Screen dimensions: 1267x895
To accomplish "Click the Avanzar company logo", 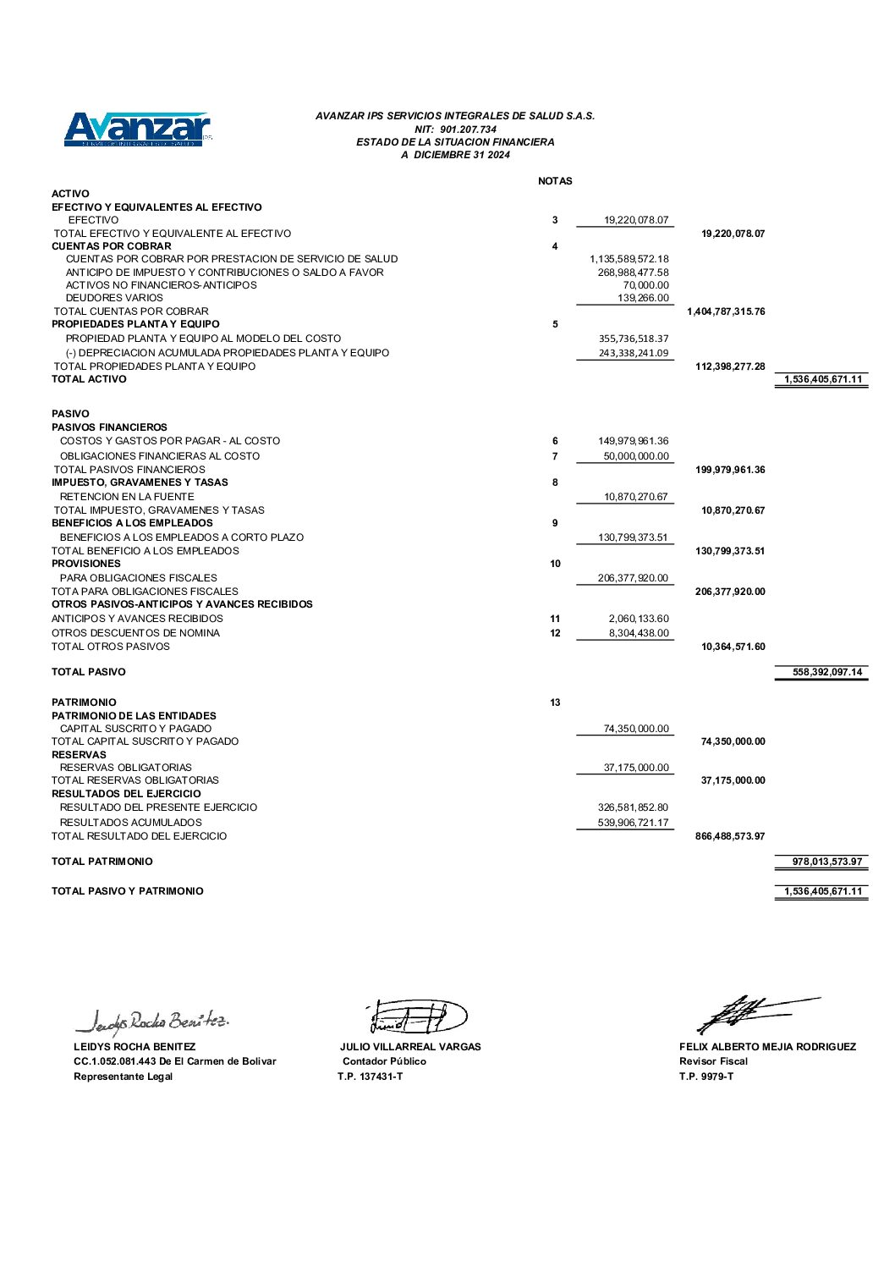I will pyautogui.click(x=137, y=129).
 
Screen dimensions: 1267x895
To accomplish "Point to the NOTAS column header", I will pyautogui.click(x=555, y=181).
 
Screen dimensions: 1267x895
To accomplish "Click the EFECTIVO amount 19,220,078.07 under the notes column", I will pyautogui.click(x=636, y=220).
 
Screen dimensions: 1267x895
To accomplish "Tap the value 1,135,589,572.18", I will pyautogui.click(x=629, y=259).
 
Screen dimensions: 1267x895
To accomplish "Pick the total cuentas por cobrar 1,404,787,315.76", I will pyautogui.click(x=726, y=311).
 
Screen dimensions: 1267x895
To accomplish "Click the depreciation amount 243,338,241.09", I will pyautogui.click(x=634, y=353).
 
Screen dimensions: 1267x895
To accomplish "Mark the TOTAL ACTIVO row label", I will pyautogui.click(x=89, y=379).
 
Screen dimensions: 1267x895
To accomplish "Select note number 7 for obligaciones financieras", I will pyautogui.click(x=555, y=456).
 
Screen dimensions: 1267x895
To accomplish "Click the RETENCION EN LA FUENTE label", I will pyautogui.click(x=127, y=497).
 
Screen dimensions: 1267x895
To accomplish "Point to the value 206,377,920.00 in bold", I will pyautogui.click(x=730, y=592).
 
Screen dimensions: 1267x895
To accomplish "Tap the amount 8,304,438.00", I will pyautogui.click(x=639, y=633).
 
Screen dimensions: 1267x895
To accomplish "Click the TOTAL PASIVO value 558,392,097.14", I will pyautogui.click(x=827, y=672).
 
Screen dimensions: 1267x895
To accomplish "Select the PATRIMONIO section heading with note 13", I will pyautogui.click(x=84, y=702).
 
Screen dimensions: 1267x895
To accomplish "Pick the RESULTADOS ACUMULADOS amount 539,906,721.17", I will pyautogui.click(x=633, y=823).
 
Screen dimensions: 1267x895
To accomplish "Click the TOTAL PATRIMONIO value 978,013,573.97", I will pyautogui.click(x=827, y=862).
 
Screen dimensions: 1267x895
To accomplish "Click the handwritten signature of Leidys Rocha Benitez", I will pyautogui.click(x=152, y=1022).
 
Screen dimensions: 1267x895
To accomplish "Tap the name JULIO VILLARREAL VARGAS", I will pyautogui.click(x=410, y=1047).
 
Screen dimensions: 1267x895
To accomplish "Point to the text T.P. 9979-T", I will pyautogui.click(x=706, y=1077).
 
